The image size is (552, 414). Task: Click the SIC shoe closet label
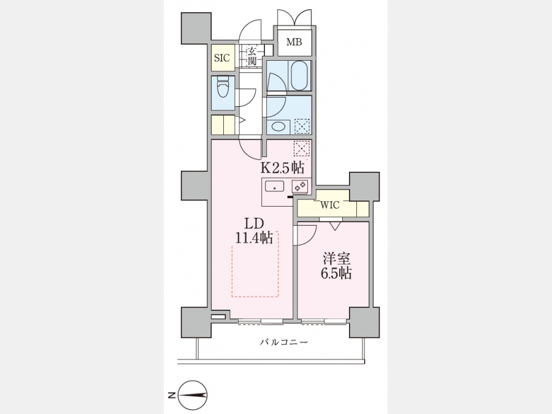(222, 58)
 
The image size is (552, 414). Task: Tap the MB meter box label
(294, 42)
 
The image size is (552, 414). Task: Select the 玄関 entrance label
(251, 56)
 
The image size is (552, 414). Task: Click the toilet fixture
(223, 86)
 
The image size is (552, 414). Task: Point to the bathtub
(299, 75)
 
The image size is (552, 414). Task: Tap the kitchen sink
(275, 186)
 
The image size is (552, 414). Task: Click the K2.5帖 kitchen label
(282, 167)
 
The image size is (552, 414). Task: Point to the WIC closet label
(329, 205)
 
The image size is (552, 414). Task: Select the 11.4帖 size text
(254, 239)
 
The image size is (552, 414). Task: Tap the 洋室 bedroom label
(337, 259)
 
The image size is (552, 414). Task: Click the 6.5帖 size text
(336, 273)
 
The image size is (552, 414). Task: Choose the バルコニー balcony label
(284, 342)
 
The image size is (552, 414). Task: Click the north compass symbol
(193, 395)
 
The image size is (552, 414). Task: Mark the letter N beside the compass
(172, 395)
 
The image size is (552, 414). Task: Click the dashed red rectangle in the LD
(255, 264)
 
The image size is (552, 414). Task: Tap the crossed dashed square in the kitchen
(302, 148)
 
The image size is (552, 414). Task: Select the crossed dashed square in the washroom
(302, 126)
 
